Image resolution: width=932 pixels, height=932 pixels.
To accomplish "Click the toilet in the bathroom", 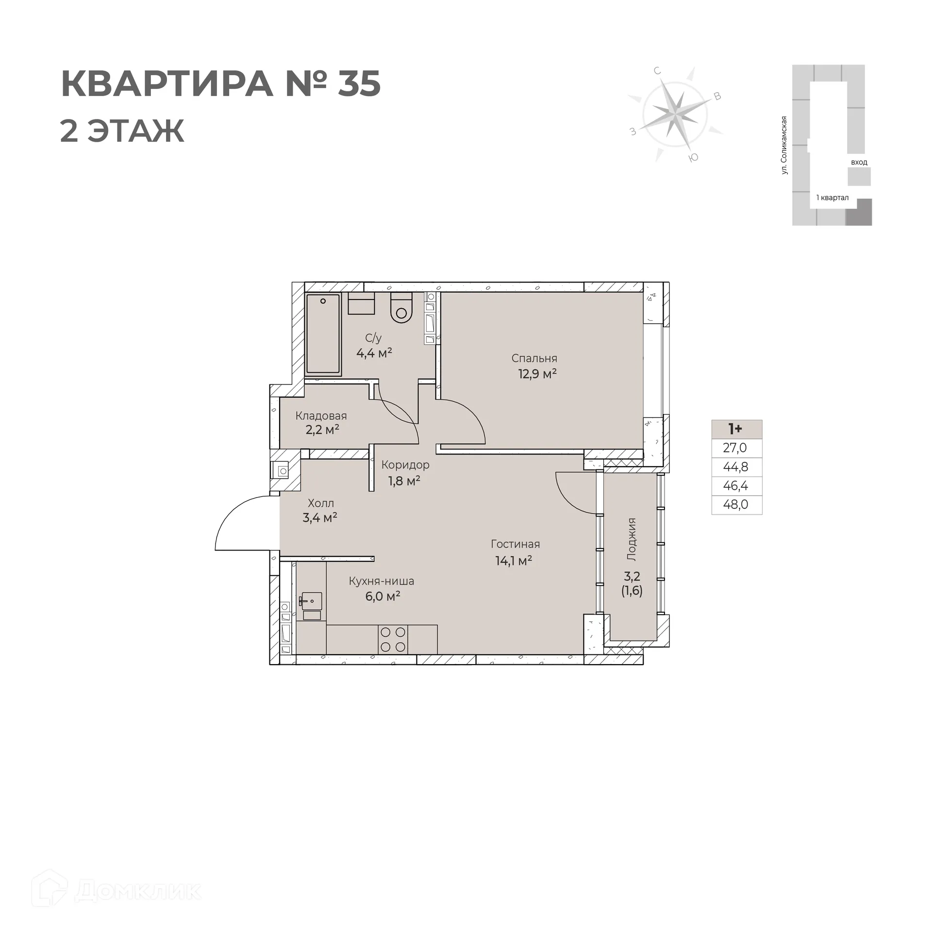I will pos(401,309).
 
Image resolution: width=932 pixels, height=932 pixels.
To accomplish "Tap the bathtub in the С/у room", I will pos(323,335).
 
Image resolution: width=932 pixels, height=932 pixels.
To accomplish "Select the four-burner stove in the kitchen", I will pos(393,639).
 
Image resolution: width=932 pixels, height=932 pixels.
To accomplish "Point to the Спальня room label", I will pos(534,358).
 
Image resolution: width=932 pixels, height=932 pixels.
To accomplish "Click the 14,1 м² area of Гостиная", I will pos(514,561).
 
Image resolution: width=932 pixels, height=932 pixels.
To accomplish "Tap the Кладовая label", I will pos(321,416).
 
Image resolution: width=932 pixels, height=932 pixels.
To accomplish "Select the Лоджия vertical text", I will pos(632,539).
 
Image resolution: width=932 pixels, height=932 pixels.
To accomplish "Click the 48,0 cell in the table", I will pos(736,505).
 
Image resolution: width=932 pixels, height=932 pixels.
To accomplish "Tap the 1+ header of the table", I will pos(736,429).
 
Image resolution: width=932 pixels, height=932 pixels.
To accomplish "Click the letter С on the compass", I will pos(658,71).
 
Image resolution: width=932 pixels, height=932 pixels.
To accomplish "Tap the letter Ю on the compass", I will pos(694,157).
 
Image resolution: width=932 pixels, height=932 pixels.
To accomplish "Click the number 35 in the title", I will pos(359,83).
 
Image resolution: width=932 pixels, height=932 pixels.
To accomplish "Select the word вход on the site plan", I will pos(859,162).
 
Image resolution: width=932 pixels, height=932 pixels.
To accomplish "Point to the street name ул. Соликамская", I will pos(783,145).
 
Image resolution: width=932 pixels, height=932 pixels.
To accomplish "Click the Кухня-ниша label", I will pos(382,581).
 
